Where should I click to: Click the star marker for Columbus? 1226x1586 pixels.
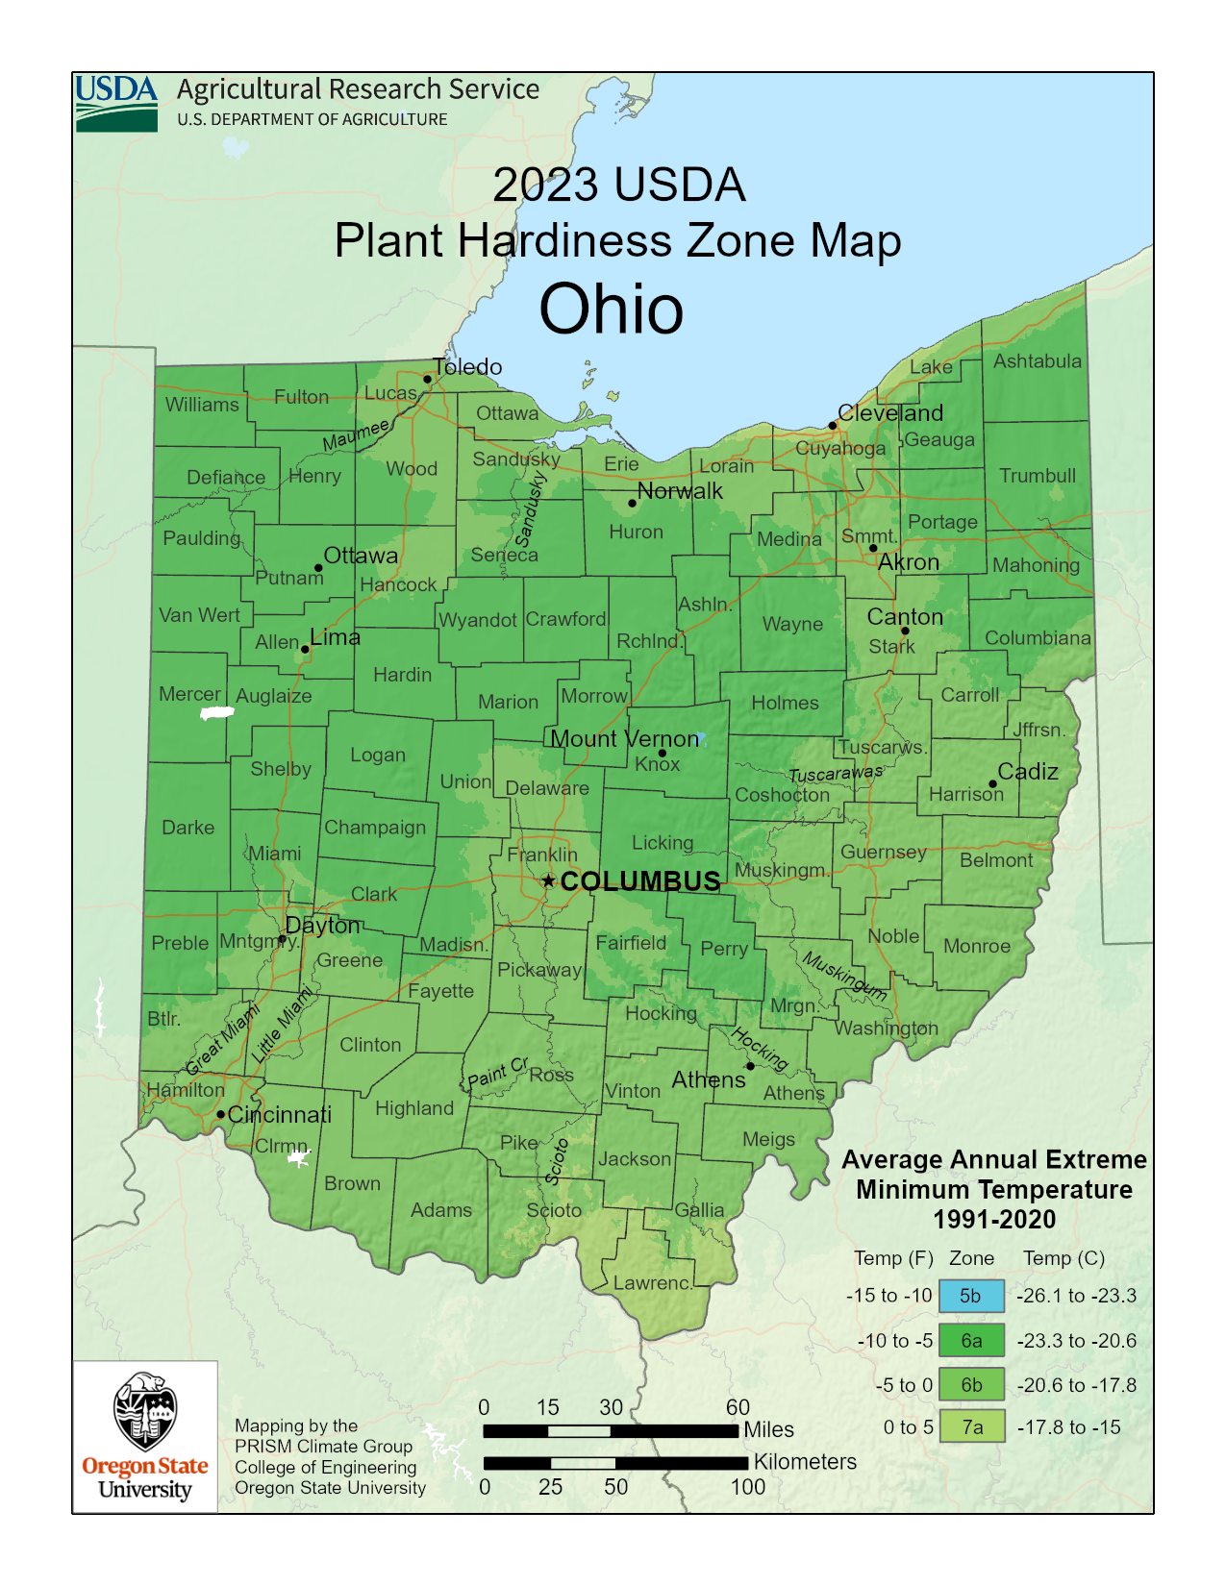[x=548, y=880]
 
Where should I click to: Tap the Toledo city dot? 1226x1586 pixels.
[x=428, y=379]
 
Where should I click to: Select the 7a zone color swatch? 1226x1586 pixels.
[x=972, y=1427]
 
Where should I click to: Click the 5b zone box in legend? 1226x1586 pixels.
[x=971, y=1296]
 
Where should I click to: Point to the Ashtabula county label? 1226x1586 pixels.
[x=1037, y=361]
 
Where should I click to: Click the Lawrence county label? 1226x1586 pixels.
[x=653, y=1282]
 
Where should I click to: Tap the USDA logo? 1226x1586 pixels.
[x=116, y=103]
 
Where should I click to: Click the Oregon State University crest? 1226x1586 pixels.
[x=145, y=1411]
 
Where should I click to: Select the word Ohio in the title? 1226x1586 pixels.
[x=611, y=310]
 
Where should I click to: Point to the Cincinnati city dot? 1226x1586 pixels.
[x=220, y=1114]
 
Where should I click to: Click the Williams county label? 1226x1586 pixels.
[x=202, y=405]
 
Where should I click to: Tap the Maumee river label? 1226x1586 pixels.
[x=356, y=434]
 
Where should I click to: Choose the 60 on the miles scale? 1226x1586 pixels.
[x=738, y=1407]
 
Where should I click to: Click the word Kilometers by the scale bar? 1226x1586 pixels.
[x=805, y=1462]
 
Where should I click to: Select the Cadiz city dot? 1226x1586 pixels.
[x=992, y=783]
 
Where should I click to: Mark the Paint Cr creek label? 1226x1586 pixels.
[x=497, y=1072]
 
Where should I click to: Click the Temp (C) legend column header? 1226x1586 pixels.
[x=1063, y=1258]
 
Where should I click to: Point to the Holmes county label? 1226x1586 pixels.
[x=785, y=703]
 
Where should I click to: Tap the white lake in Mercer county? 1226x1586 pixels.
[x=216, y=713]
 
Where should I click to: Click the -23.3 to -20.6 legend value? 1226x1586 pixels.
[x=1076, y=1341]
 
